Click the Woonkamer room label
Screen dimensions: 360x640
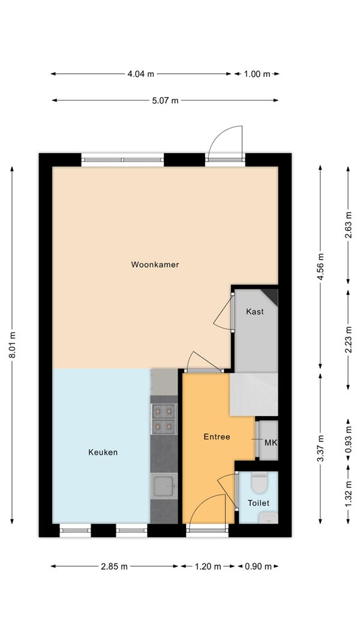(x=155, y=265)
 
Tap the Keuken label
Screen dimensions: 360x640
(x=103, y=452)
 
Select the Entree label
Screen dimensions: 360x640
(x=217, y=436)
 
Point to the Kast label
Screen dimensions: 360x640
(x=255, y=312)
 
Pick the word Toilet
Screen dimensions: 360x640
(x=259, y=503)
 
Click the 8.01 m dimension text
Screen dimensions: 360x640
(x=12, y=345)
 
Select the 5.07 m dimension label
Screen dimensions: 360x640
(x=165, y=100)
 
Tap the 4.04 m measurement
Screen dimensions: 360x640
(x=140, y=74)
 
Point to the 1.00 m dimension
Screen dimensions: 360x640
(x=257, y=74)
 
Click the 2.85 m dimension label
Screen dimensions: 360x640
(x=114, y=566)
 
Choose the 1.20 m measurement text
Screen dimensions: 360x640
(x=208, y=566)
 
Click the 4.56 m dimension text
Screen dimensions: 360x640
(x=320, y=267)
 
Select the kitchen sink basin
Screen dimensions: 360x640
(x=163, y=486)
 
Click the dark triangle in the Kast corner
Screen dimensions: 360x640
(x=272, y=295)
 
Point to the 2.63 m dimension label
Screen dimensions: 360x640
(x=348, y=225)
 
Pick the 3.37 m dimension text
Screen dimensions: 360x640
(x=320, y=448)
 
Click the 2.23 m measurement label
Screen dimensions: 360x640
(x=348, y=340)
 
